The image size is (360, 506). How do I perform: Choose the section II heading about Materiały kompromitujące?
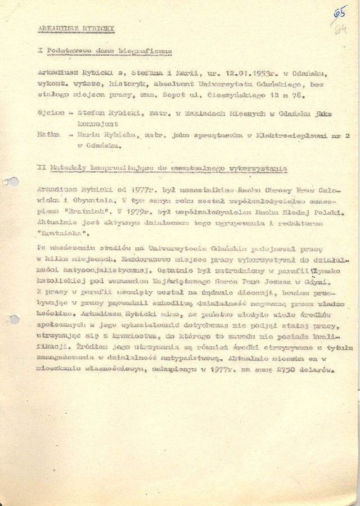click(x=163, y=168)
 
